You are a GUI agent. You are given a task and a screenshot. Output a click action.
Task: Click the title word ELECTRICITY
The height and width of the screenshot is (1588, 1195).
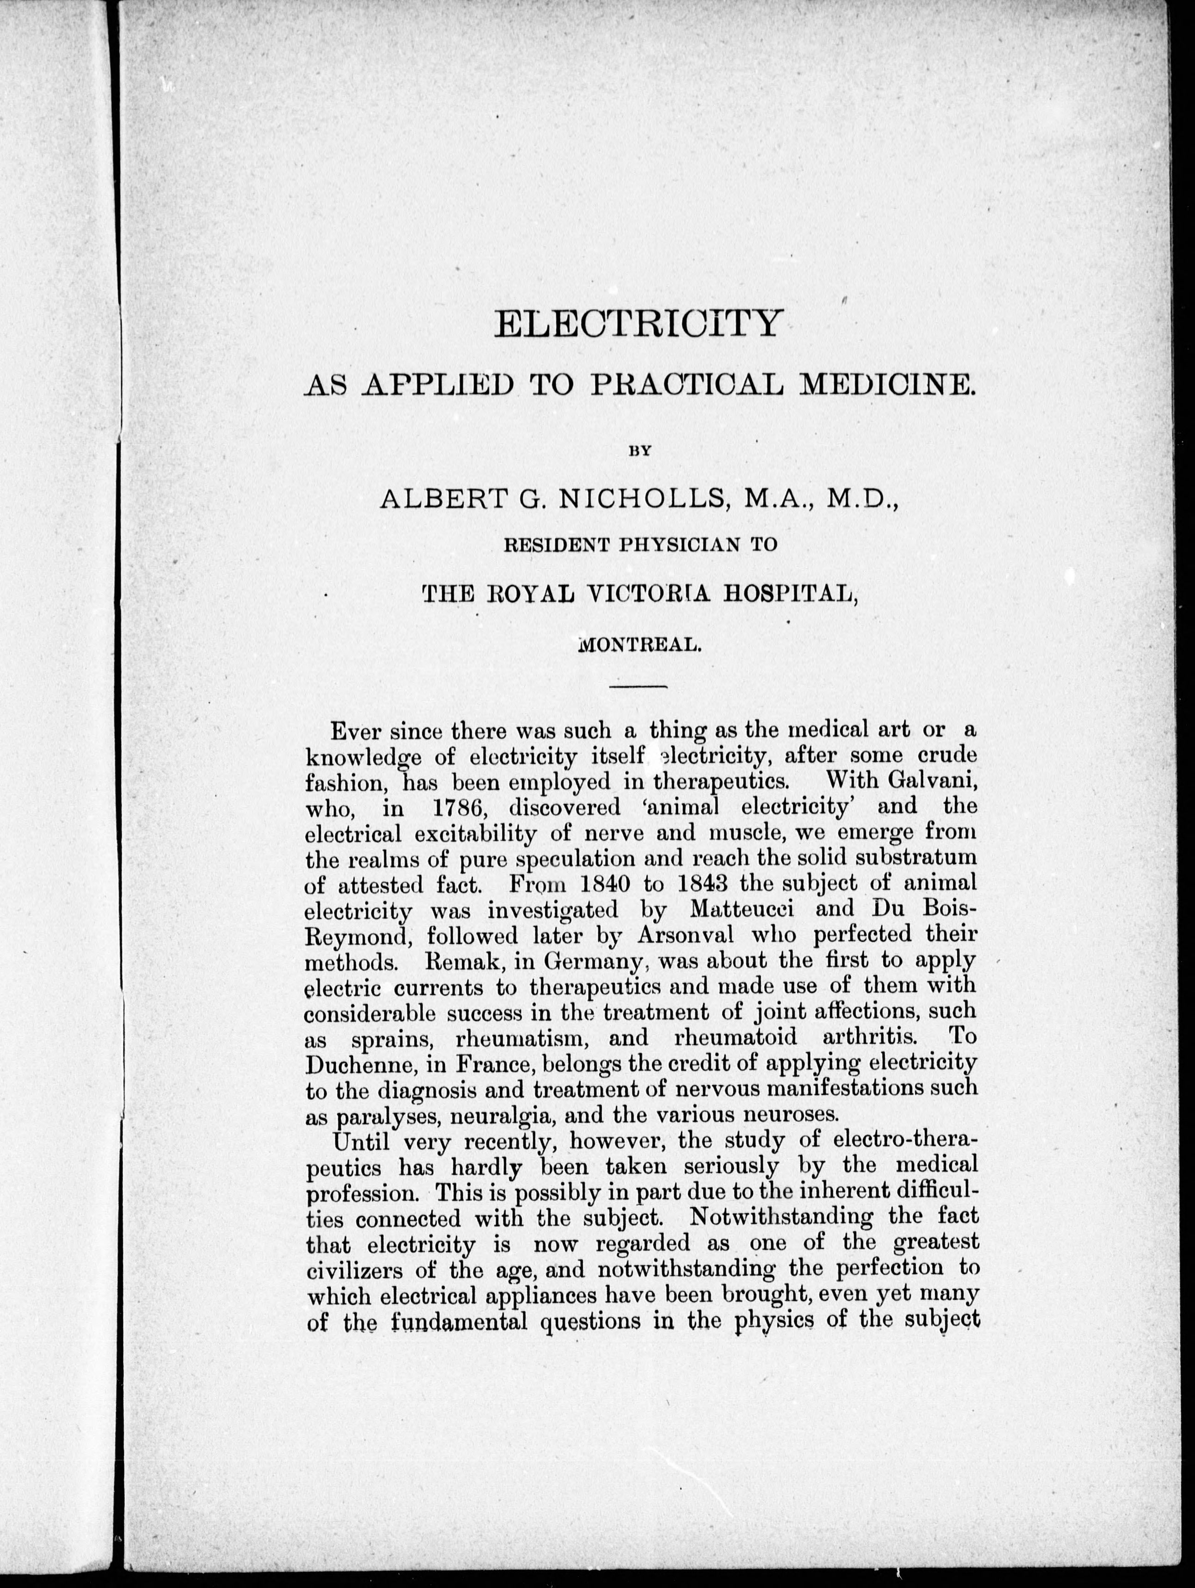(637, 324)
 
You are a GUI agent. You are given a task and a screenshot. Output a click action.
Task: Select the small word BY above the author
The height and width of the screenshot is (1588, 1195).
(639, 452)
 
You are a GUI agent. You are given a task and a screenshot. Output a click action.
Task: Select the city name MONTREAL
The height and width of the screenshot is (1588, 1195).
(638, 645)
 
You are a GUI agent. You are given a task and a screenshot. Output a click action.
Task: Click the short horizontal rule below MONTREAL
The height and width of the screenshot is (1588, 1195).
(638, 688)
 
